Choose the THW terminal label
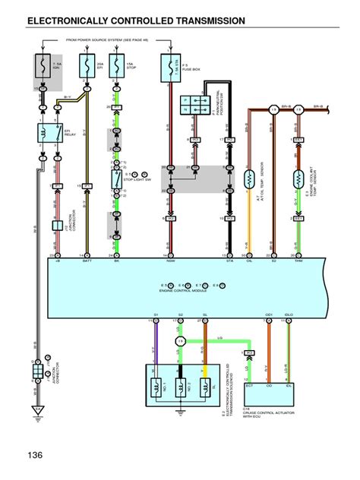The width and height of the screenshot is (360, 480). (298, 260)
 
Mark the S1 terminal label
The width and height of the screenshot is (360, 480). (156, 314)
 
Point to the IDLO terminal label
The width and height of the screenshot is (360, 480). (289, 314)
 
